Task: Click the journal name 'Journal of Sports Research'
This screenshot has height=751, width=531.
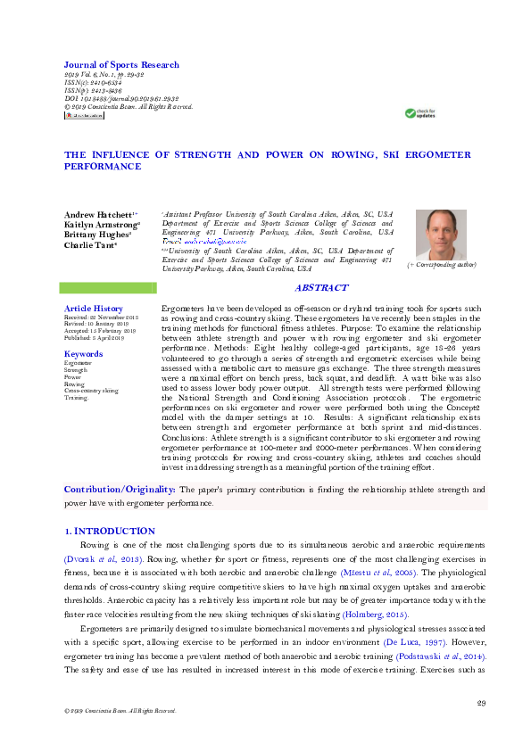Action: pos(121,65)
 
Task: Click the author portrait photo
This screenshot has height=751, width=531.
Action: pos(441,235)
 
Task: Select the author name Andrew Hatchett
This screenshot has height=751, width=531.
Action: pos(99,216)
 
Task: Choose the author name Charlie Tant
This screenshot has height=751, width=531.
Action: pos(90,245)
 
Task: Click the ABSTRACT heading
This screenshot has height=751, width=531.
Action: pos(320,288)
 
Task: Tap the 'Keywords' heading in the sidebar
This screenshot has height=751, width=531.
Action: pos(83,354)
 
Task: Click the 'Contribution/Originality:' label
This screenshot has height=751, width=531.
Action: pos(120,490)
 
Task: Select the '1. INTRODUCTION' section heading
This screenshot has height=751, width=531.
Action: pos(111,531)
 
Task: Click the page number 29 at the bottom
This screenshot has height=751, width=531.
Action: pos(480,704)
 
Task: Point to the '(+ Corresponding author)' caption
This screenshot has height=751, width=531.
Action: pos(442,266)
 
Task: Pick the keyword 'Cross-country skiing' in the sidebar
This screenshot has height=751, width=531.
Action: pos(91,391)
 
